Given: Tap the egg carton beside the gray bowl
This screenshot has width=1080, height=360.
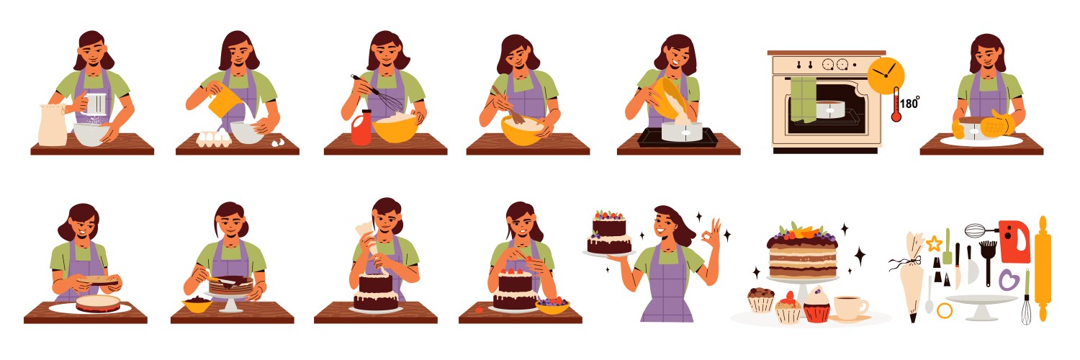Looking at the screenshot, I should pos(210,138).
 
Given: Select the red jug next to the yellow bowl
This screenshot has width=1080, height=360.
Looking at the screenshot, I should pos(361,130).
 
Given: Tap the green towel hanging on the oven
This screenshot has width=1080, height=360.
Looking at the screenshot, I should pos(803,99).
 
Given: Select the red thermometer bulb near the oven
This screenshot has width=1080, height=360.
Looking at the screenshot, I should pos(896,115).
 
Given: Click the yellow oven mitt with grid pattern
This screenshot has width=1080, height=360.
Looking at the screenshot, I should pos(998,124).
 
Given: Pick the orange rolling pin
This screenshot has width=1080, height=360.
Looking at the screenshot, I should pos(1043,259).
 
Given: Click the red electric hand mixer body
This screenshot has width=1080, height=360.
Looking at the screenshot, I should pos(1014,242).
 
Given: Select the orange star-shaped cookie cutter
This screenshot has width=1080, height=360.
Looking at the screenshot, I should pos(934,243).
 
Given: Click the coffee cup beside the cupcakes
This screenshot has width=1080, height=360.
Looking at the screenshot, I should pos(850,307).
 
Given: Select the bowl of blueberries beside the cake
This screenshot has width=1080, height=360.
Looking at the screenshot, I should pos(552,306).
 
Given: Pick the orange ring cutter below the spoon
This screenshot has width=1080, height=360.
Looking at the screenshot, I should pos(944,310).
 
